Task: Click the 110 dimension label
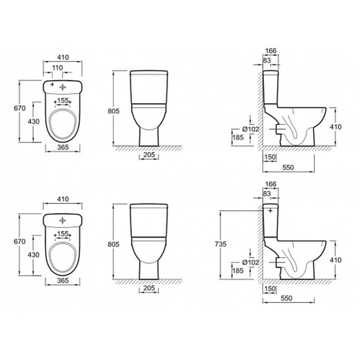[x=58, y=68]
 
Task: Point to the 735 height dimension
[x=221, y=244]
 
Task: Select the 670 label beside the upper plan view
[x=20, y=108]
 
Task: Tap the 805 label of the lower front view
[x=113, y=244]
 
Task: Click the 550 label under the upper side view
[x=288, y=167]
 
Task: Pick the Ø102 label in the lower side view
[x=250, y=262]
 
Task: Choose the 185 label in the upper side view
[x=238, y=137]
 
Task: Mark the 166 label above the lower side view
[x=271, y=184]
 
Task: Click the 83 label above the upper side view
[x=267, y=61]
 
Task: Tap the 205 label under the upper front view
[x=149, y=155]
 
